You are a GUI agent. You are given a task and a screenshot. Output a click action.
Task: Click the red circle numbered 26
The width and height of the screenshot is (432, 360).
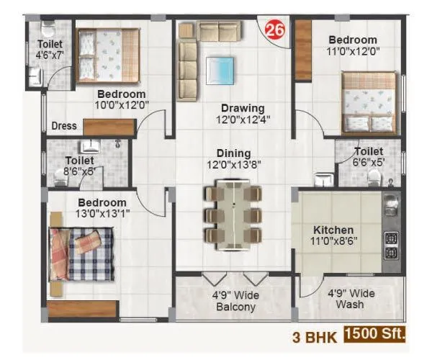pos(274,30)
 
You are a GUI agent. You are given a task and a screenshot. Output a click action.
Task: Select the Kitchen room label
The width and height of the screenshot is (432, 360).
pos(333,230)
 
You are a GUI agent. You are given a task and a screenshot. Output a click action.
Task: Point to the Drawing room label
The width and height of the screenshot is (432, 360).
pos(237,108)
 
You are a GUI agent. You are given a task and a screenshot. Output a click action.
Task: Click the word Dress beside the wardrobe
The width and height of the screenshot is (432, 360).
pos(64,126)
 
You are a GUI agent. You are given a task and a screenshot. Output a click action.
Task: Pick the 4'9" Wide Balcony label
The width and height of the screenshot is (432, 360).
pos(235,301)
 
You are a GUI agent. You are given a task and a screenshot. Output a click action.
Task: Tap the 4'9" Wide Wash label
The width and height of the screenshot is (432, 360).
pos(352,299)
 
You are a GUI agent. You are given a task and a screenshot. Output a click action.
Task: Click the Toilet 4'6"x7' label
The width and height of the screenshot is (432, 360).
pos(50,48)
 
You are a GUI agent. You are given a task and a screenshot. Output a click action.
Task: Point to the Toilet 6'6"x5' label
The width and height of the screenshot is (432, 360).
pos(369,158)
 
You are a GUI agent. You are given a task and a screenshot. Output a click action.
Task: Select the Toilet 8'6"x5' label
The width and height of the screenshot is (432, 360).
pos(79,166)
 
